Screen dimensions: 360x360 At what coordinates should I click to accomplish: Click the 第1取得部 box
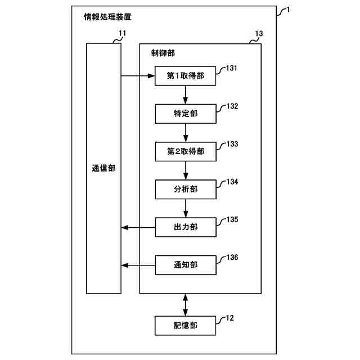coord(186,76)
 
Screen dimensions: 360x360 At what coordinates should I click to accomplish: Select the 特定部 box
coord(186,114)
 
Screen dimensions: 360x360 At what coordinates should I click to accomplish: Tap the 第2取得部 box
coord(186,151)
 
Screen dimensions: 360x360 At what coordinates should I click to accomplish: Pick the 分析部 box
coord(186,189)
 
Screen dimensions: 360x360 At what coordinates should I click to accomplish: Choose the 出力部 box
coord(186,227)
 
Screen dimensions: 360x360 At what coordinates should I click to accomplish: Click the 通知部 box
coord(186,264)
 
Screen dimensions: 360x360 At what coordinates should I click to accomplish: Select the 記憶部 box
coord(186,325)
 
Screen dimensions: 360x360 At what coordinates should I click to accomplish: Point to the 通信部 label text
coord(103,168)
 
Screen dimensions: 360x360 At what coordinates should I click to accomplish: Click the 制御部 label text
coord(163,53)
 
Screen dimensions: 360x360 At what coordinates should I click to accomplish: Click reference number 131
coord(232,69)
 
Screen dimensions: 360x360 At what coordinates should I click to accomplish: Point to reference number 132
coord(232,106)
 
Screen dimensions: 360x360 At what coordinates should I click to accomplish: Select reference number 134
coord(232,182)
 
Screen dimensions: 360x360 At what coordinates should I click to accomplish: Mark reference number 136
coord(232,258)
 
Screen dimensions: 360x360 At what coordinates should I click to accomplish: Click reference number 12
coord(229,318)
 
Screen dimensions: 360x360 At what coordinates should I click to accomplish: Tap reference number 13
coord(258,34)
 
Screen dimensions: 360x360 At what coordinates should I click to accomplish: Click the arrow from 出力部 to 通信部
coord(138,227)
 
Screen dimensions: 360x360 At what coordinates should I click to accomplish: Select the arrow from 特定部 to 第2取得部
coord(186,132)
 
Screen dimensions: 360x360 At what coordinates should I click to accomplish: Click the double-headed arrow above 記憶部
coord(186,304)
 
